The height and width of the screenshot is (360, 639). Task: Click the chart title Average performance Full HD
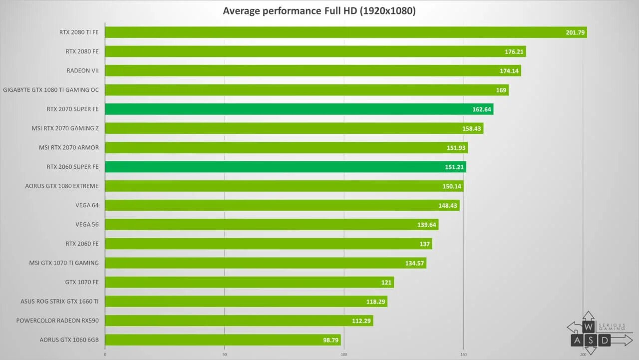point(319,10)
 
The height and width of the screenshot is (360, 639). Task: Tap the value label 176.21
point(514,52)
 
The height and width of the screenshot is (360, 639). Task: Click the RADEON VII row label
point(82,71)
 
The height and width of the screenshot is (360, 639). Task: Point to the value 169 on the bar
point(501,90)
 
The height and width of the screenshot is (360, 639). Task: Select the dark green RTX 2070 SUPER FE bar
point(299,109)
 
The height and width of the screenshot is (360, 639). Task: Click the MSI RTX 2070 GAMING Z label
point(65,128)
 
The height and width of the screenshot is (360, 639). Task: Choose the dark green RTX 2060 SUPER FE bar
point(285,167)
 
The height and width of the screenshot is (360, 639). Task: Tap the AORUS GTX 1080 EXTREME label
point(62,186)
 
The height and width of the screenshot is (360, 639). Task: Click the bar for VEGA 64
point(282,205)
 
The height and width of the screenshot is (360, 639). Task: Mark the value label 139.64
point(426,225)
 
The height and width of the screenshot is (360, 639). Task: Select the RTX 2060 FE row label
point(82,244)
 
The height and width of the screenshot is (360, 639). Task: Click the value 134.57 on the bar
point(414,263)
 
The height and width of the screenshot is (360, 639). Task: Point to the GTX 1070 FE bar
point(249,282)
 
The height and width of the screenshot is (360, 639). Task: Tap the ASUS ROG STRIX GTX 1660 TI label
point(59,302)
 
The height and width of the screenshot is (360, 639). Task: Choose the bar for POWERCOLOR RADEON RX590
point(239,321)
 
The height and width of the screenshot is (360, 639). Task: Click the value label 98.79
point(330,340)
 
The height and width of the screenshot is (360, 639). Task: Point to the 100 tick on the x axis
point(344,354)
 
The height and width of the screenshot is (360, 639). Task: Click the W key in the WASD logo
point(589,327)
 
